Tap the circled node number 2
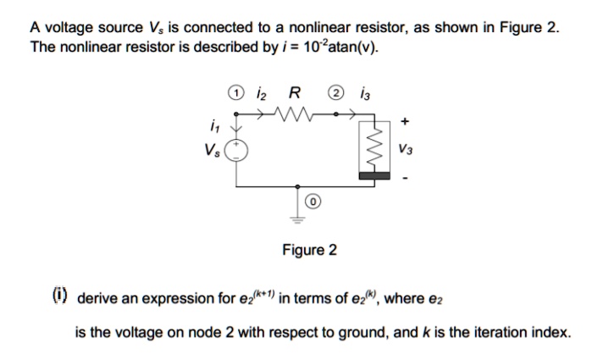click(x=338, y=93)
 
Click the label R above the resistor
click(x=293, y=93)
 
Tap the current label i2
click(x=263, y=93)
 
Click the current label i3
click(x=365, y=93)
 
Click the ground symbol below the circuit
click(x=297, y=214)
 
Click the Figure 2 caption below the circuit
click(x=309, y=250)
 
